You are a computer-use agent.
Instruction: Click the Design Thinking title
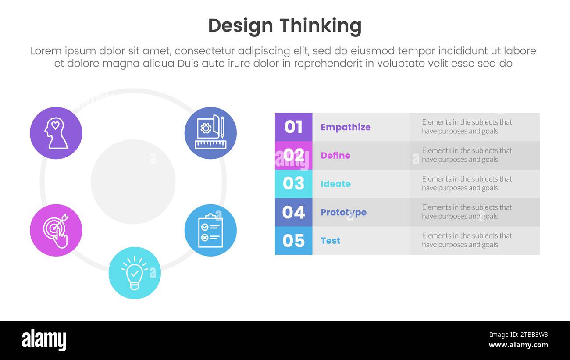click(285, 26)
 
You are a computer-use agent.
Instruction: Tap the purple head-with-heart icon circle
click(56, 133)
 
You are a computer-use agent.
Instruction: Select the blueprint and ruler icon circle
click(210, 133)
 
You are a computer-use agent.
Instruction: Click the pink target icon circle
click(56, 230)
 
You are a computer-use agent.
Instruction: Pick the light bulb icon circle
click(135, 273)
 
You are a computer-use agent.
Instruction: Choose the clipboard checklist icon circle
click(210, 230)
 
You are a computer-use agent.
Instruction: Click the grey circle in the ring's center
click(133, 182)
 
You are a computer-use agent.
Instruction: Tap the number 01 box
click(293, 127)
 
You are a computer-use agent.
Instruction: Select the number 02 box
click(293, 155)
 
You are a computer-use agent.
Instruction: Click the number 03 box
click(293, 184)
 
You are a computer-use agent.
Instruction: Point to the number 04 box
click(293, 212)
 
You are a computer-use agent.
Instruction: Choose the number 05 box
click(293, 240)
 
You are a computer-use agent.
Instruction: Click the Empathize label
click(346, 127)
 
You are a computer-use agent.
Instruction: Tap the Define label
click(335, 155)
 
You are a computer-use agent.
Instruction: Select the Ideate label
click(335, 184)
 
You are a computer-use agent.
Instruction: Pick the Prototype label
click(343, 212)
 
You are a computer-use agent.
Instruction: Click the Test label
click(330, 240)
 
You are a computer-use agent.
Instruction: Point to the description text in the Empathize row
click(467, 127)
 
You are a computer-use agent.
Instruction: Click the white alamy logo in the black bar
click(44, 340)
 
